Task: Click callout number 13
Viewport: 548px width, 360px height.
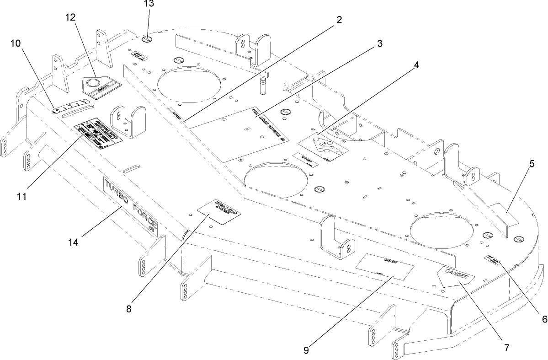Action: pos(149,5)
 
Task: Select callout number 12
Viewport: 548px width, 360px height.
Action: pos(70,17)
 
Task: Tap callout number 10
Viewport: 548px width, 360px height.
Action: pos(16,43)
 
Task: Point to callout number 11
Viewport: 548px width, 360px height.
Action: pos(21,197)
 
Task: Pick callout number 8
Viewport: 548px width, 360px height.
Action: pos(129,308)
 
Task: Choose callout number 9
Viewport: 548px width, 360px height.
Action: pos(306,350)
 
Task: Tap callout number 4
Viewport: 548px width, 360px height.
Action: pos(415,65)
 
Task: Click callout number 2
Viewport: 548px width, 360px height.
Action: pos(339,20)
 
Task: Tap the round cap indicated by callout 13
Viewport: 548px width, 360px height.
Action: pos(147,40)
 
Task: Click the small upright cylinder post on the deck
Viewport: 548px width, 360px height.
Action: pos(263,86)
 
